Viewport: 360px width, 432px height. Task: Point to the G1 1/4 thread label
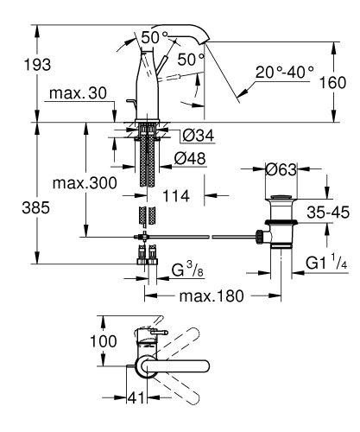pos(326,260)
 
